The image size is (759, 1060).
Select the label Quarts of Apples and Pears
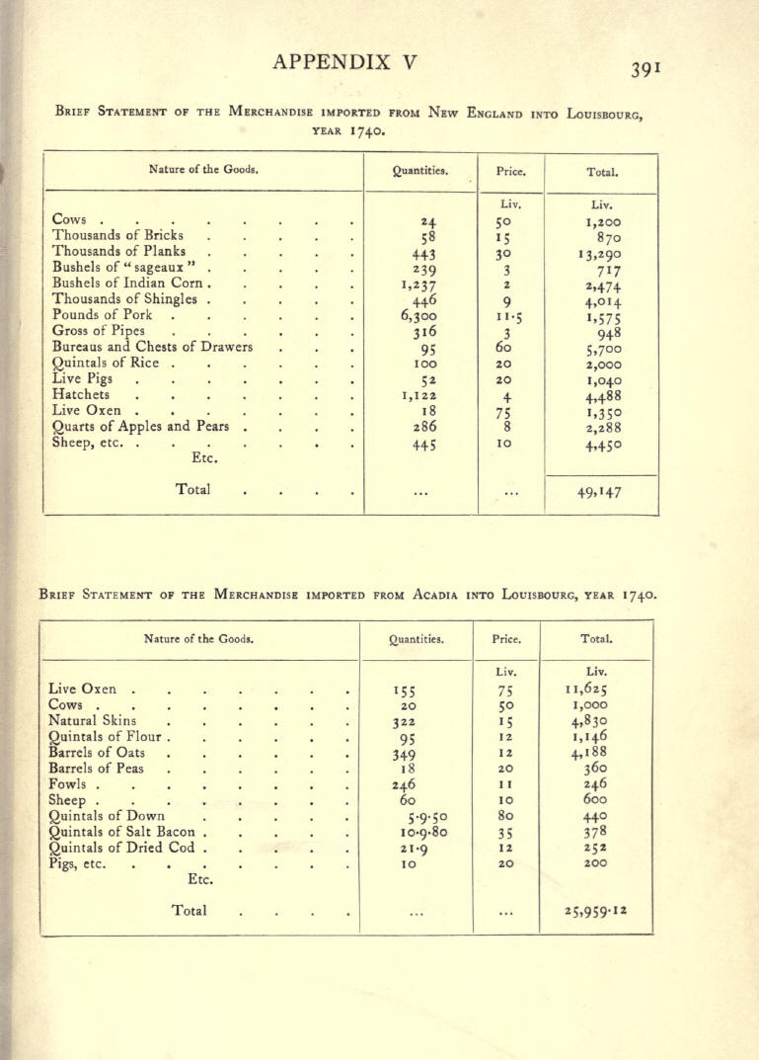140,427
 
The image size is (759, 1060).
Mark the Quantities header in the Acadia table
417,639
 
